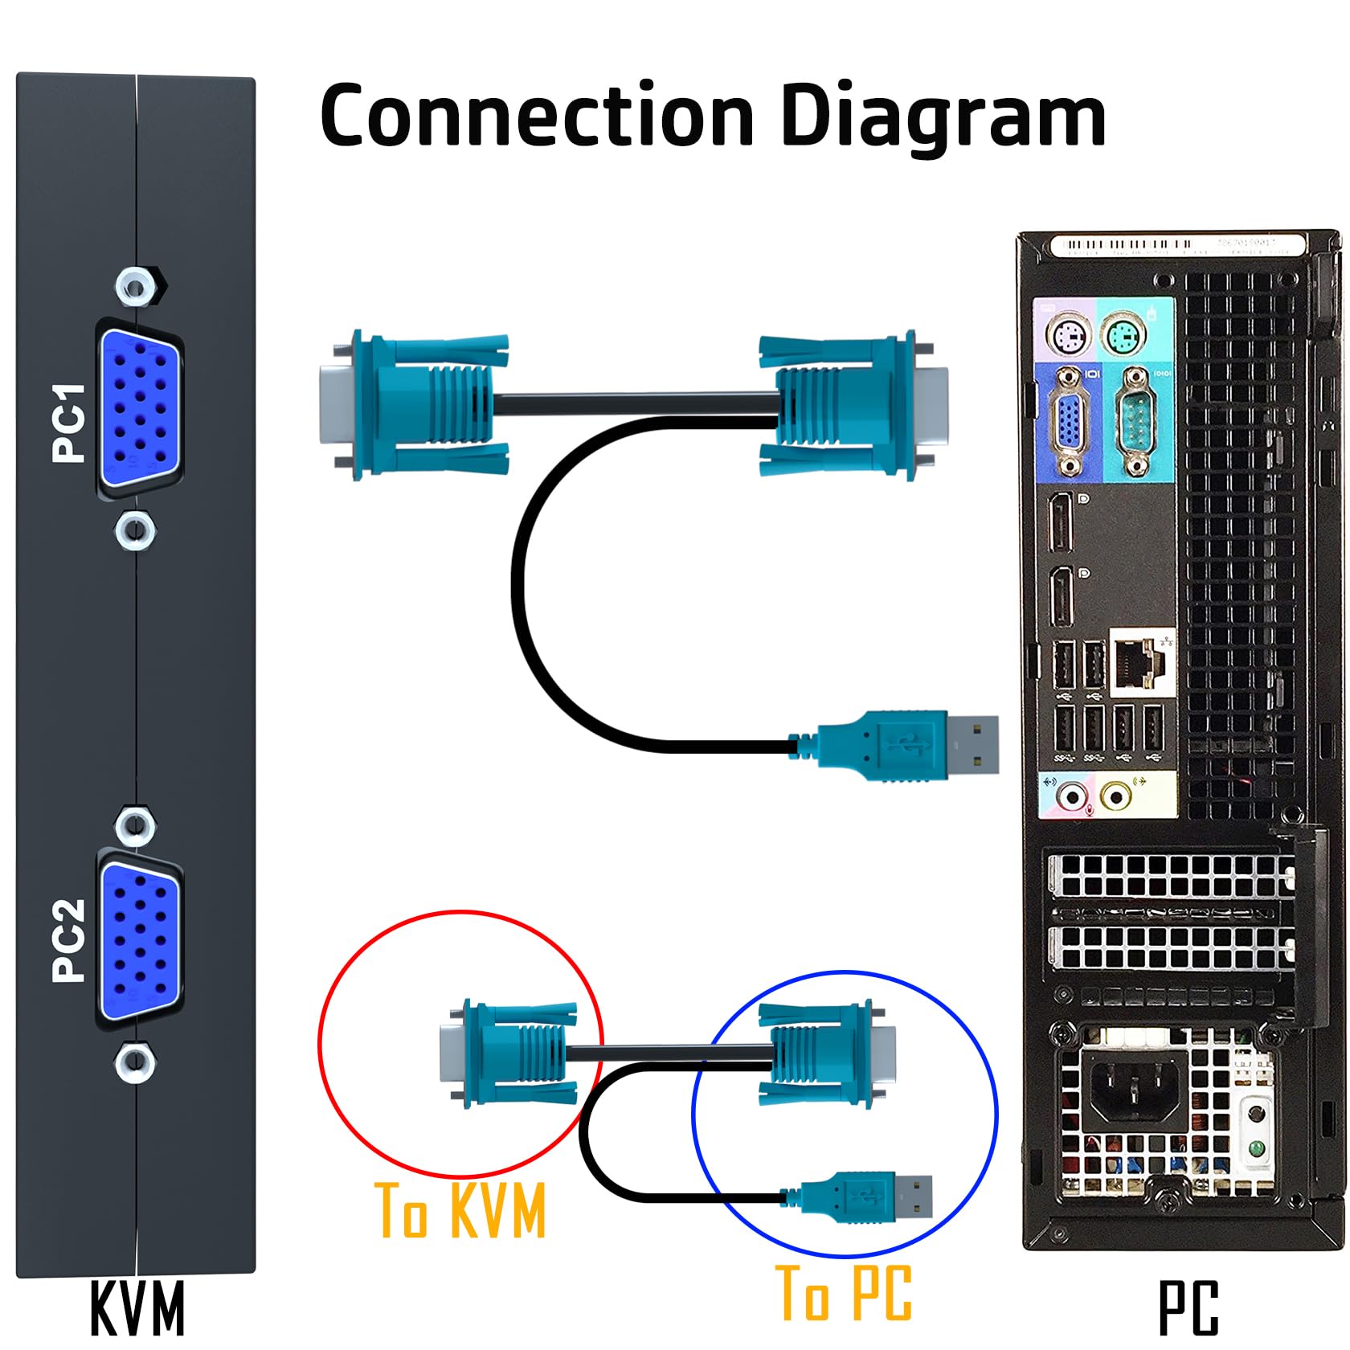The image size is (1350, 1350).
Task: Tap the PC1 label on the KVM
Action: [69, 422]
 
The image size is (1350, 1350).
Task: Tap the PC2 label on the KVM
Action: [69, 939]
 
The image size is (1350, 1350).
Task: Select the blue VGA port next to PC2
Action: [139, 940]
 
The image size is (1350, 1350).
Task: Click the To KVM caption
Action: [460, 1210]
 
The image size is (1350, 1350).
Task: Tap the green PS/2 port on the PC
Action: [1123, 334]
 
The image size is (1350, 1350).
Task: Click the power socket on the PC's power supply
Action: [1132, 1092]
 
